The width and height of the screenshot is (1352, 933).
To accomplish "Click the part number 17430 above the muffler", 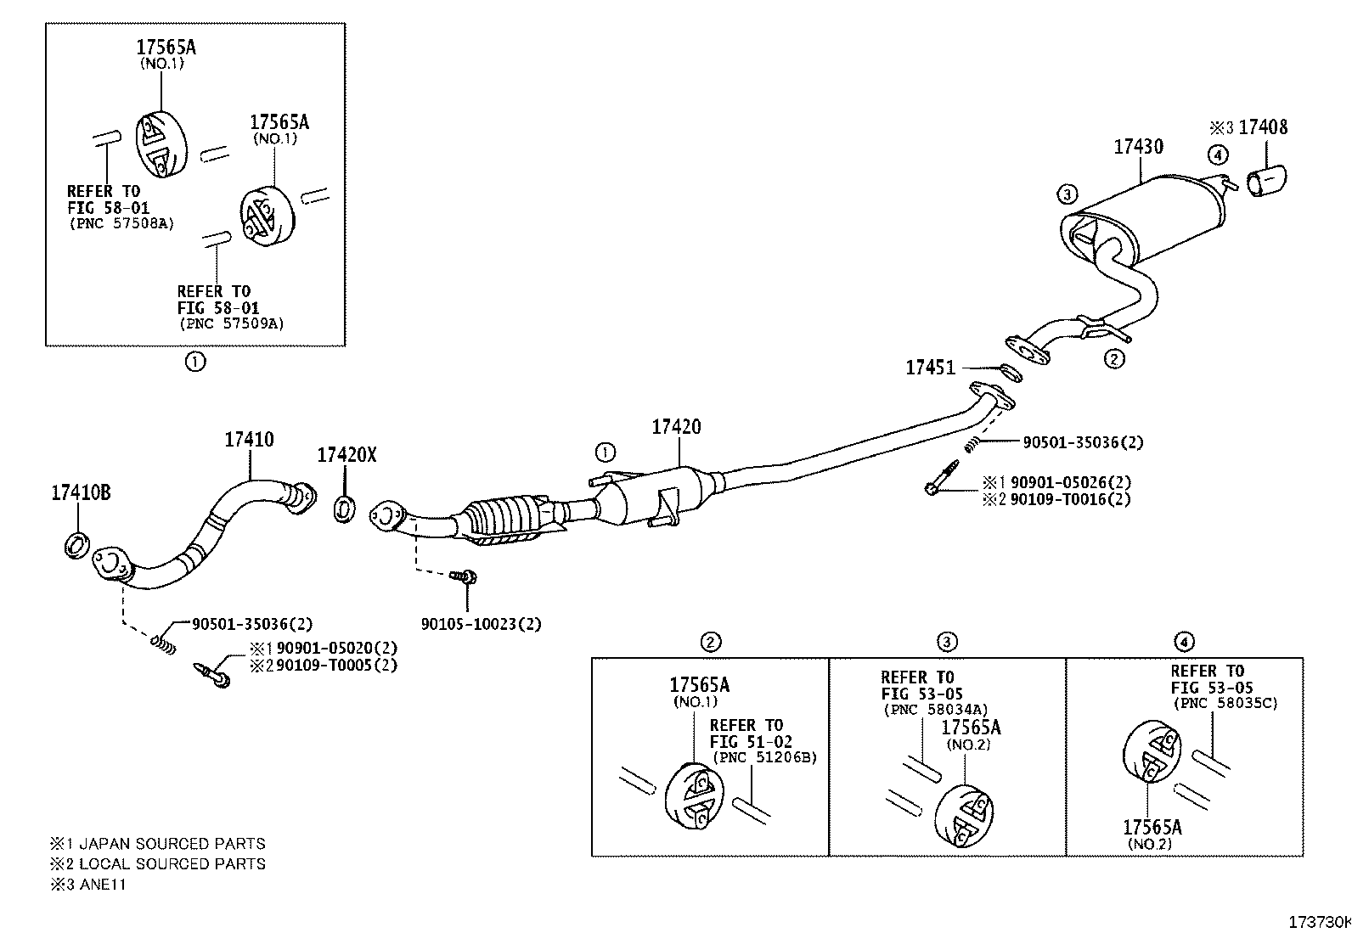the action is coord(1138,147).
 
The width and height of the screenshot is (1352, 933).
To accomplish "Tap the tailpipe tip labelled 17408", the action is coord(1267,180).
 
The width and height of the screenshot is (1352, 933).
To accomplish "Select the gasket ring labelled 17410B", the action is coord(76,545).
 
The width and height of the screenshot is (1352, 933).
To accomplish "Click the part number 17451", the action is coord(930,368).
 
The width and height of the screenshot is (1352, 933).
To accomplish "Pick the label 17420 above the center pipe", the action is coord(676,427).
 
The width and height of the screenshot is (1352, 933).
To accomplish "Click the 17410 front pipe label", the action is coord(249,440).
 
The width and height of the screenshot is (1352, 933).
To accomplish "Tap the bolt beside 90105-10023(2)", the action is coord(464,577).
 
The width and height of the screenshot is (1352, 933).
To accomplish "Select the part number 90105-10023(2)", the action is coord(481,624).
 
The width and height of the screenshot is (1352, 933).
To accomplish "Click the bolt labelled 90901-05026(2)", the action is coord(942,477).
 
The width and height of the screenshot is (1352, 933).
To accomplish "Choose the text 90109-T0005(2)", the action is coord(336,665).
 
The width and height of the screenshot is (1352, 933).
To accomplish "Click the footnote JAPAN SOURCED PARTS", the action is coord(172,843).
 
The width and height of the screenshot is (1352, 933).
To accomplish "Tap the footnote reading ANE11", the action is coord(103,884).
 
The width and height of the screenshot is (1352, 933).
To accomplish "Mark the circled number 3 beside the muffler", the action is coord(1068,194).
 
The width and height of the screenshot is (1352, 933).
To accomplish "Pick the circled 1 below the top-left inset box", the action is coord(195,362).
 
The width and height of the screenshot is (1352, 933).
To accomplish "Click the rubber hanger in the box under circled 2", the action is coord(694,798).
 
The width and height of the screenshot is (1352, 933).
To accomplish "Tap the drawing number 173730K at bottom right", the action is coord(1320,922).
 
